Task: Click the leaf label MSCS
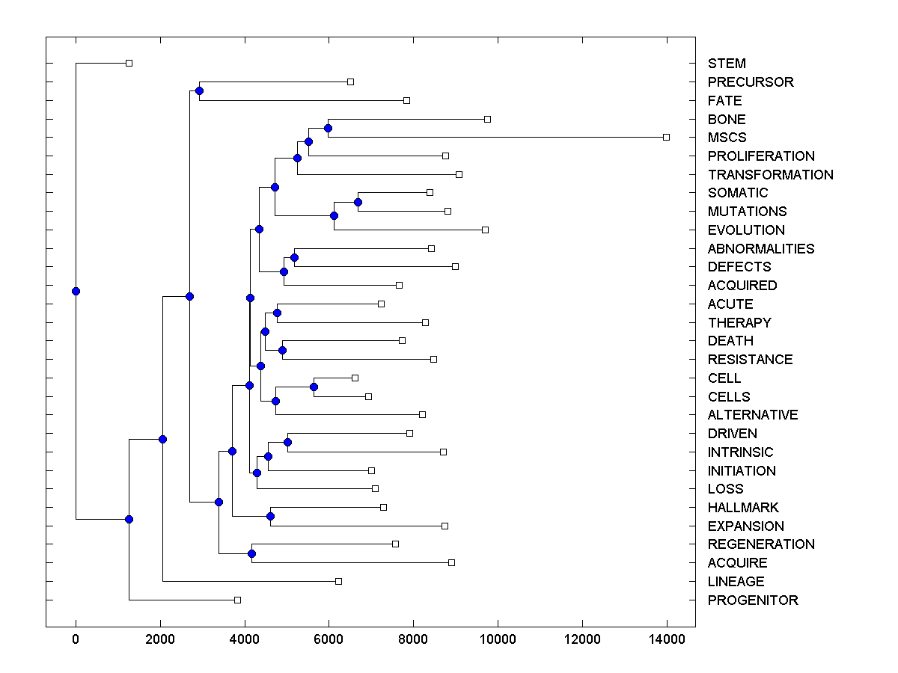click(x=727, y=138)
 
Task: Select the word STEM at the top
click(x=727, y=64)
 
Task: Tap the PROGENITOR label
click(x=753, y=600)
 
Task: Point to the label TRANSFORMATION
click(x=770, y=174)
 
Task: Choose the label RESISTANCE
click(x=750, y=359)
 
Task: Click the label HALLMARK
click(x=743, y=507)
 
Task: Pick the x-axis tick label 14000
click(x=667, y=638)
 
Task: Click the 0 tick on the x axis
click(x=76, y=638)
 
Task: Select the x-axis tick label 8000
click(x=413, y=638)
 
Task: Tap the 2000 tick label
click(x=160, y=638)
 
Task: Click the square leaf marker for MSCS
click(x=666, y=137)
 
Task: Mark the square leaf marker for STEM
click(x=129, y=63)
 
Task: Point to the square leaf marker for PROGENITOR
click(x=237, y=600)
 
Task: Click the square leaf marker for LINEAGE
click(x=338, y=581)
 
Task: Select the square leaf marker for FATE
click(x=406, y=100)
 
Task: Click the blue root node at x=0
click(x=76, y=291)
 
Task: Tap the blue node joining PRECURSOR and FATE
click(x=199, y=90)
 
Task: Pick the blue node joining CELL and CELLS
click(x=314, y=387)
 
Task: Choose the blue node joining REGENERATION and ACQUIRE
click(x=251, y=553)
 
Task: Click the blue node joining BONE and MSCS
click(x=328, y=128)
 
